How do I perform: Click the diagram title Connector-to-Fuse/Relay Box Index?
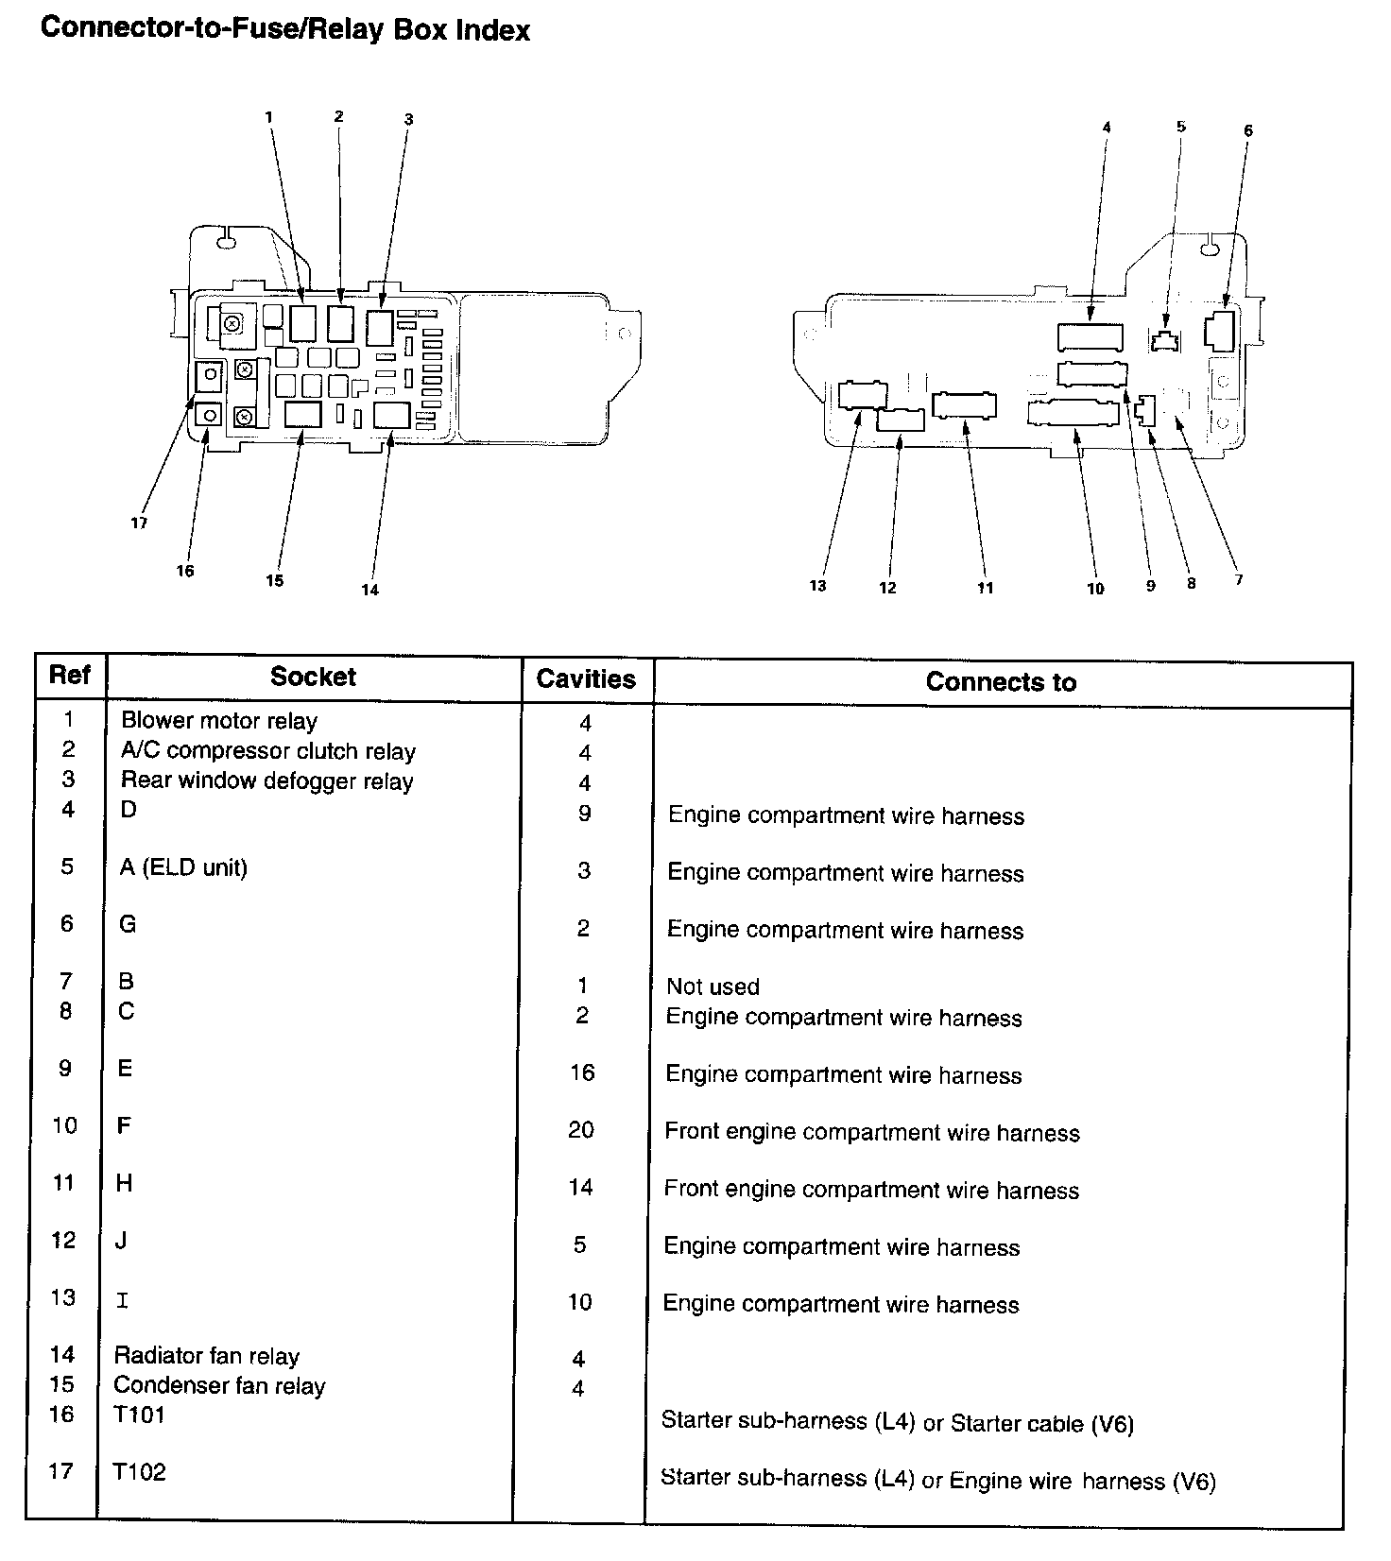pyautogui.click(x=284, y=29)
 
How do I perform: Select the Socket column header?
pyautogui.click(x=313, y=677)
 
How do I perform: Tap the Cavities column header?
pyautogui.click(x=586, y=679)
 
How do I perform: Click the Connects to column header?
pyautogui.click(x=1001, y=682)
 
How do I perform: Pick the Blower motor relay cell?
pyautogui.click(x=219, y=721)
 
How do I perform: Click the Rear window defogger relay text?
pyautogui.click(x=267, y=781)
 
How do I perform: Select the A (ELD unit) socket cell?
pyautogui.click(x=183, y=867)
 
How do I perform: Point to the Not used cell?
pyautogui.click(x=713, y=986)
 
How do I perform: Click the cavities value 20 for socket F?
pyautogui.click(x=581, y=1130)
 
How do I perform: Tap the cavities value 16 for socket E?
pyautogui.click(x=582, y=1072)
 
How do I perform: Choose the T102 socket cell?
pyautogui.click(x=139, y=1472)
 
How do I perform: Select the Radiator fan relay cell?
pyautogui.click(x=206, y=1356)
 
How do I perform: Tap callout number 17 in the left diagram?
pyautogui.click(x=139, y=523)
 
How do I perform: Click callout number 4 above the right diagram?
pyautogui.click(x=1107, y=128)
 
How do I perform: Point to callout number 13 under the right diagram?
pyautogui.click(x=817, y=586)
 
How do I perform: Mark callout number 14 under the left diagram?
pyautogui.click(x=369, y=590)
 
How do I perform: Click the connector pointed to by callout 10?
pyautogui.click(x=1073, y=414)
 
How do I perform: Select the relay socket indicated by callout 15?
pyautogui.click(x=302, y=414)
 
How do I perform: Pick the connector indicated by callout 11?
pyautogui.click(x=963, y=405)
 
